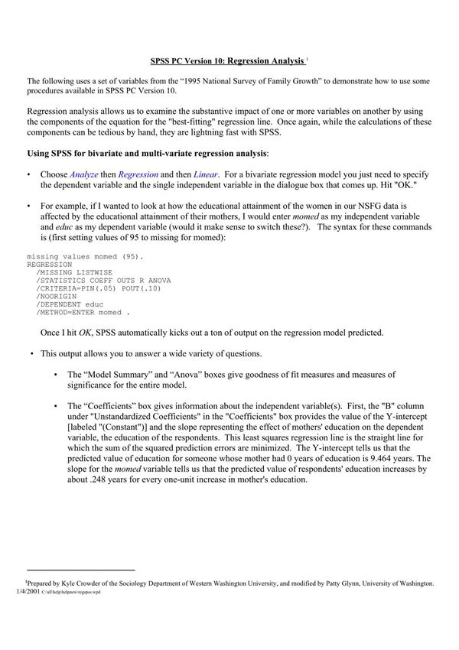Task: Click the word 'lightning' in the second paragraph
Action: pyautogui.click(x=223, y=132)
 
